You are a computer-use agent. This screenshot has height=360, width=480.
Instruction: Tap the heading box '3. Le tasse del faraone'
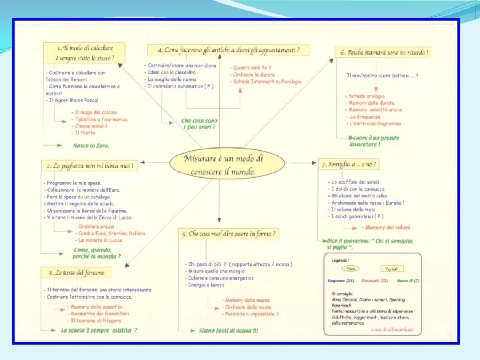pos(76,273)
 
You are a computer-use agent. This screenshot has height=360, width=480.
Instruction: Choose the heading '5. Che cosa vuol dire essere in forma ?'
pos(228,234)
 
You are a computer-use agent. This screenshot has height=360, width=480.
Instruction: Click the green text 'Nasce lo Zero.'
pos(91,145)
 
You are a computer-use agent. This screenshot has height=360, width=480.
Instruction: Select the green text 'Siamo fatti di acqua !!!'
pos(229,330)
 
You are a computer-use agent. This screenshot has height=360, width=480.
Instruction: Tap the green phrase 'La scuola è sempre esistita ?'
pos(99,329)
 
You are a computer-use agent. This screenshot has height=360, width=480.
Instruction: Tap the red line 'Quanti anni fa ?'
pos(251,68)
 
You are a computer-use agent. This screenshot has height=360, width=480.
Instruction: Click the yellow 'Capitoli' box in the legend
pos(391,269)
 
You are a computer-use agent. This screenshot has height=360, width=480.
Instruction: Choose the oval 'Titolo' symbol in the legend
pos(351,269)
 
